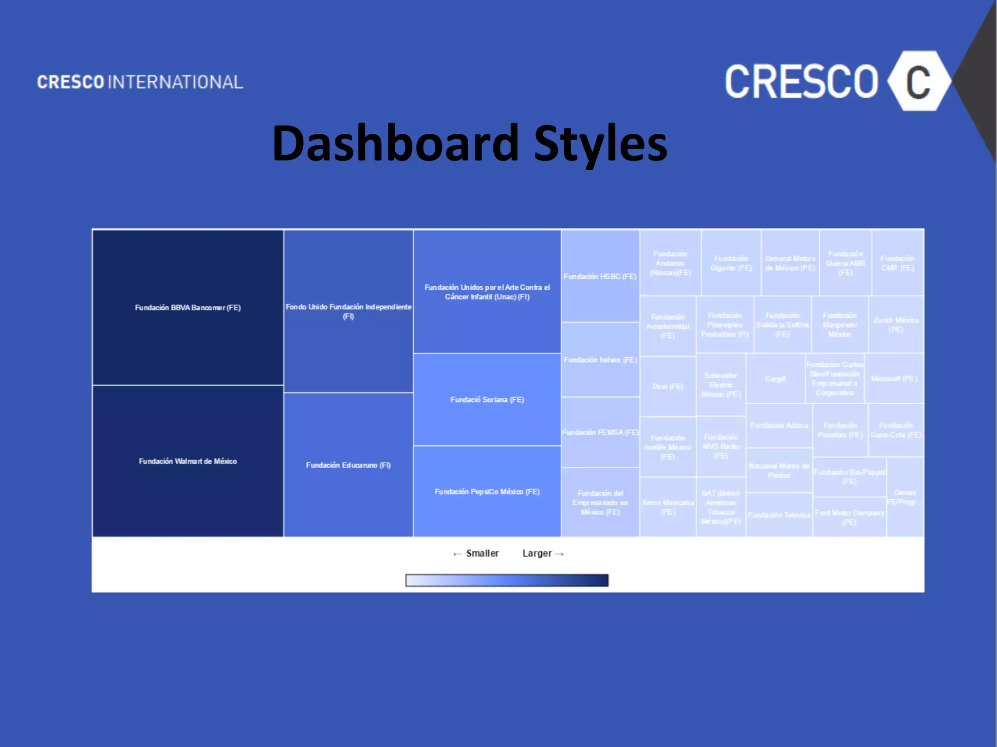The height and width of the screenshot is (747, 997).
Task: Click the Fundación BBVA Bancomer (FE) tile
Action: [188, 307]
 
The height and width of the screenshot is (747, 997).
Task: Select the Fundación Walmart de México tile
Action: [188, 461]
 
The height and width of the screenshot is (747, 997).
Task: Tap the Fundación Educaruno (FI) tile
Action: [349, 465]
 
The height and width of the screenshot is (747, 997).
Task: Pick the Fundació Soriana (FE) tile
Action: [487, 400]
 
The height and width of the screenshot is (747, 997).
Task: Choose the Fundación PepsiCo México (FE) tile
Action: [487, 492]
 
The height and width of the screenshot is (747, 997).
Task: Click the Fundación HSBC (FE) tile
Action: [600, 276]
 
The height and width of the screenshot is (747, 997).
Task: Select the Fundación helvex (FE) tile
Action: [600, 360]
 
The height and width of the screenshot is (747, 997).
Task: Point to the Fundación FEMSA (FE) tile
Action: [600, 432]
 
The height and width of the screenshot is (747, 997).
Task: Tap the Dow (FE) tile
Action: [667, 387]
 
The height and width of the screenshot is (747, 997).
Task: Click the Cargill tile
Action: [775, 379]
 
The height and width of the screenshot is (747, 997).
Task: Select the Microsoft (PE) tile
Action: [894, 379]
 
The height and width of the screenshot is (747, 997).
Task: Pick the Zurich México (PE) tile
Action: [896, 324]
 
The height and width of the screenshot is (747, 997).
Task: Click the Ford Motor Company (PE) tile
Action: [849, 517]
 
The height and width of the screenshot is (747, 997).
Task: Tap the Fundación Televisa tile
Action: [779, 515]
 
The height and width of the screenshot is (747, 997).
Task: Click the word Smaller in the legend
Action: [482, 553]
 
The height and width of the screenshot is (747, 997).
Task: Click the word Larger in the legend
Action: [537, 553]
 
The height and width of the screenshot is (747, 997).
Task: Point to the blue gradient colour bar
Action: [507, 580]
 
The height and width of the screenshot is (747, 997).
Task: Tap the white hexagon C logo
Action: [918, 81]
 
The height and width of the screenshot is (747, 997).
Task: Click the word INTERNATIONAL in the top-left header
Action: [175, 82]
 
